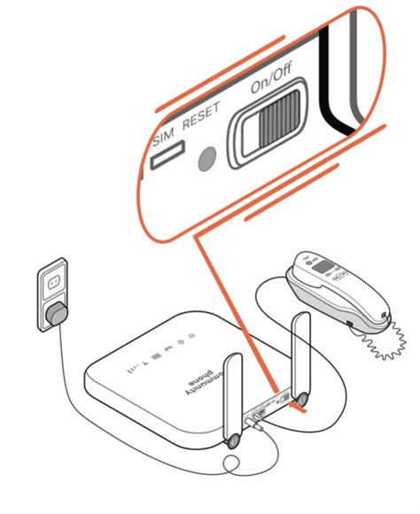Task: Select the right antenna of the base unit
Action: [299, 354]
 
